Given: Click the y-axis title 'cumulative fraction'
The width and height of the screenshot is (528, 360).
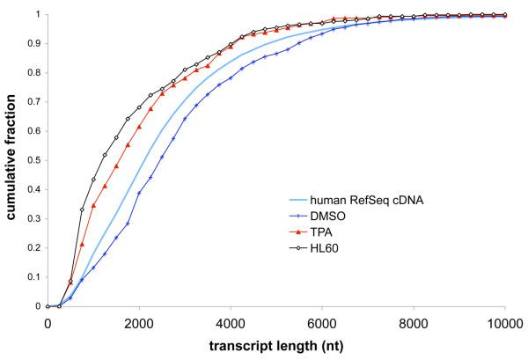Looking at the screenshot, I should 11,158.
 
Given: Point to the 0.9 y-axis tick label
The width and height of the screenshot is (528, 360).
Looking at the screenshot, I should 33,44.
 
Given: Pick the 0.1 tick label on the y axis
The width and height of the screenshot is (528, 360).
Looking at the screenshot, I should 33,277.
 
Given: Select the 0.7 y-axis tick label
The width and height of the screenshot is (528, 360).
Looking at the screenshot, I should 33,102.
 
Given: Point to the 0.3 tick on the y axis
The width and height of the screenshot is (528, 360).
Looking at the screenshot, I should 33,219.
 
